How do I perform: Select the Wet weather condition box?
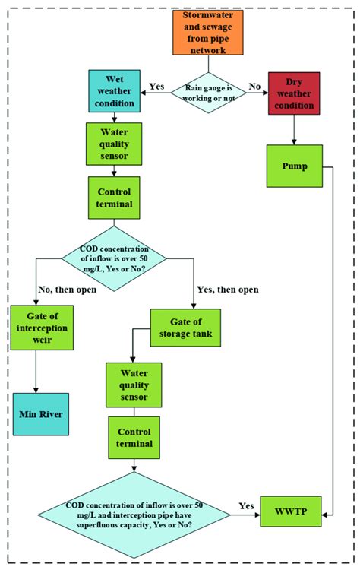(114, 91)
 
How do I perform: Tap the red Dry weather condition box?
(294, 93)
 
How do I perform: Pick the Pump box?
(294, 165)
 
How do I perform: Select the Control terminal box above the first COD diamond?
(114, 197)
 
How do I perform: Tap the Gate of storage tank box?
(185, 328)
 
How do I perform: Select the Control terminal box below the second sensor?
(134, 437)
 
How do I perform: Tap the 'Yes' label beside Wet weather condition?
(156, 86)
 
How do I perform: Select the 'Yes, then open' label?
(227, 289)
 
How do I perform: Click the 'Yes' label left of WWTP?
(246, 505)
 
